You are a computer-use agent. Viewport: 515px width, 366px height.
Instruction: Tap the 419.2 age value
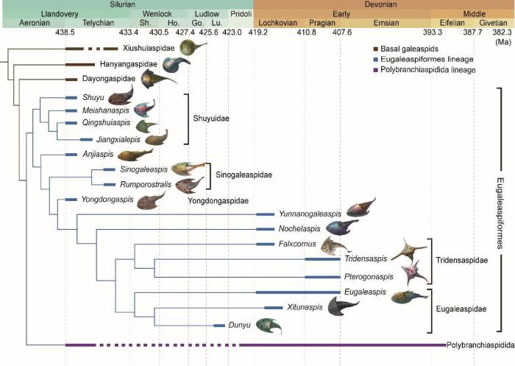pyautogui.click(x=257, y=32)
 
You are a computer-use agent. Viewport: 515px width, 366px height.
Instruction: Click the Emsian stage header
pyautogui.click(x=386, y=23)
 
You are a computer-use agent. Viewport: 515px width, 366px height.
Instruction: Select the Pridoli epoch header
pyautogui.click(x=241, y=14)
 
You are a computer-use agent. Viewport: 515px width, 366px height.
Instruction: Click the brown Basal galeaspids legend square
pyautogui.click(x=376, y=49)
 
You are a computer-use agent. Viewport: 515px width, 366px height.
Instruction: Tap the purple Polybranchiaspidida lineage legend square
pyautogui.click(x=376, y=70)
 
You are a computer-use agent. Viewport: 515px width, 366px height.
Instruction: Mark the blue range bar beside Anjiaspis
pyautogui.click(x=71, y=155)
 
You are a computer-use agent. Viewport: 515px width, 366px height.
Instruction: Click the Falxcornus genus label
pyautogui.click(x=316, y=244)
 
